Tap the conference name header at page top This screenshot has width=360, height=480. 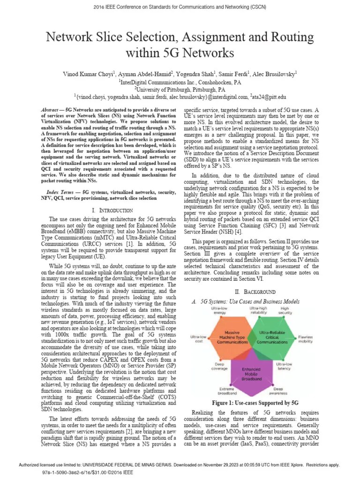point(180,7)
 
